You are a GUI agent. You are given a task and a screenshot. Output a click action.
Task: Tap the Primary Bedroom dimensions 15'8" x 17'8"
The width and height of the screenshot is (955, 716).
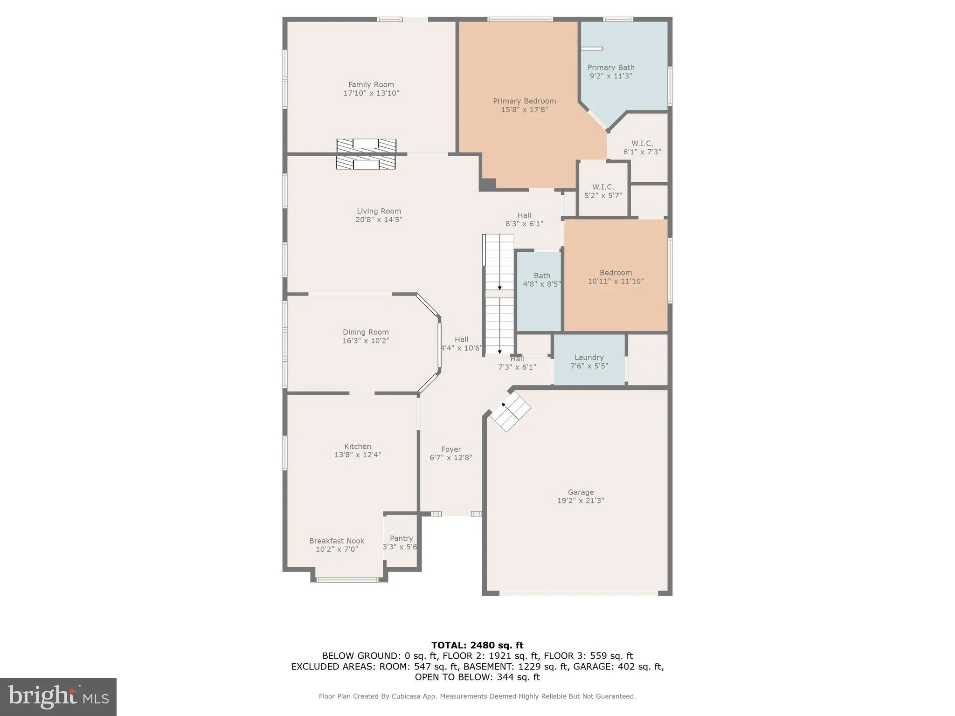(525, 110)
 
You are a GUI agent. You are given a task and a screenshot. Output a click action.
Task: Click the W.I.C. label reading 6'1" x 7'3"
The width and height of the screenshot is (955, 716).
(642, 147)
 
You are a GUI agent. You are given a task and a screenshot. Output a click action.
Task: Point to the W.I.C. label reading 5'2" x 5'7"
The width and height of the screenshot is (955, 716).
(603, 191)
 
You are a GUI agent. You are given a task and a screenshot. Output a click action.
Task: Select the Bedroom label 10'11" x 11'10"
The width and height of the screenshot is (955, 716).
(616, 277)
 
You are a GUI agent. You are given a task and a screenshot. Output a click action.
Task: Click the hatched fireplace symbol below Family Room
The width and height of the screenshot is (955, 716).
(366, 154)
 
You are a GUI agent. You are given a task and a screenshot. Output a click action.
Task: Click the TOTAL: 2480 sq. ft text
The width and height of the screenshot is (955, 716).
(477, 645)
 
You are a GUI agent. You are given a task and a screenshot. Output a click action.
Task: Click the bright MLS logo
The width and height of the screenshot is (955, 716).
(58, 696)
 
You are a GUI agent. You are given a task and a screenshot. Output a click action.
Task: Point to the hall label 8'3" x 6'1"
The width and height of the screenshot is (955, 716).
(524, 220)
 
